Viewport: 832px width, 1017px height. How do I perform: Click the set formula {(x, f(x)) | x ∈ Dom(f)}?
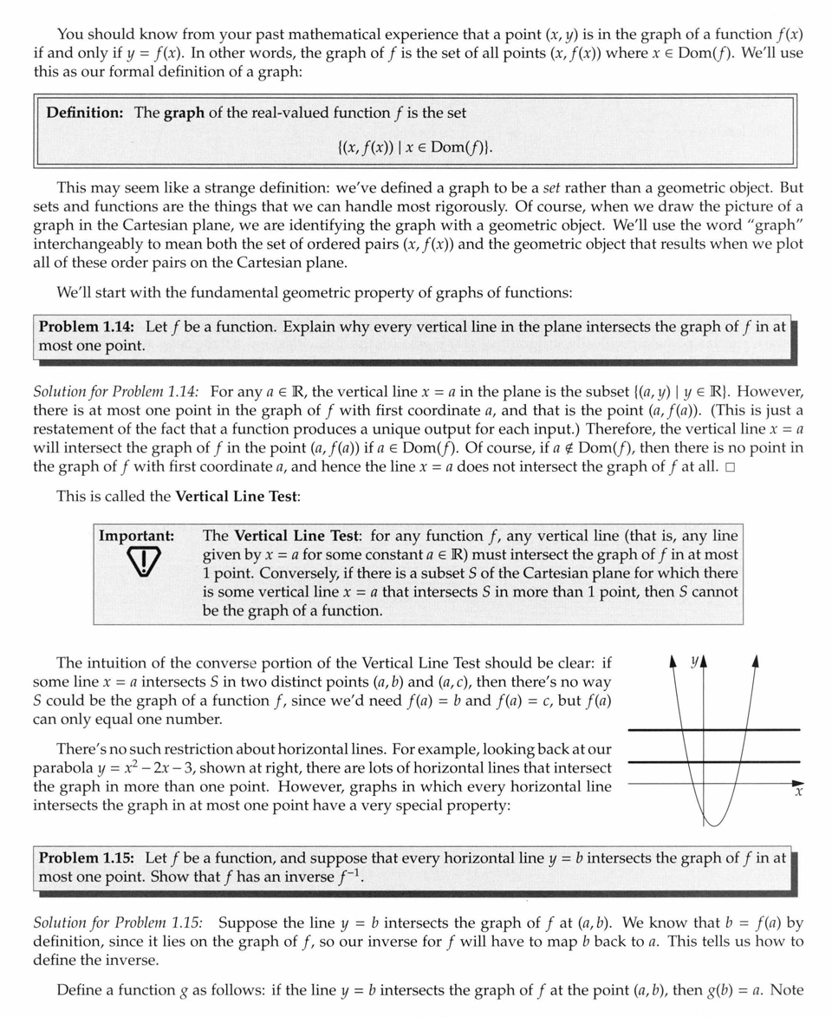point(414,147)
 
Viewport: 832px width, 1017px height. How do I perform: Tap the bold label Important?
point(136,536)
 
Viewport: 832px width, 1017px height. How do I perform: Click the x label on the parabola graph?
point(798,792)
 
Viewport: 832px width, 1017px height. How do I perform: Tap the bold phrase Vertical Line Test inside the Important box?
point(291,536)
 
